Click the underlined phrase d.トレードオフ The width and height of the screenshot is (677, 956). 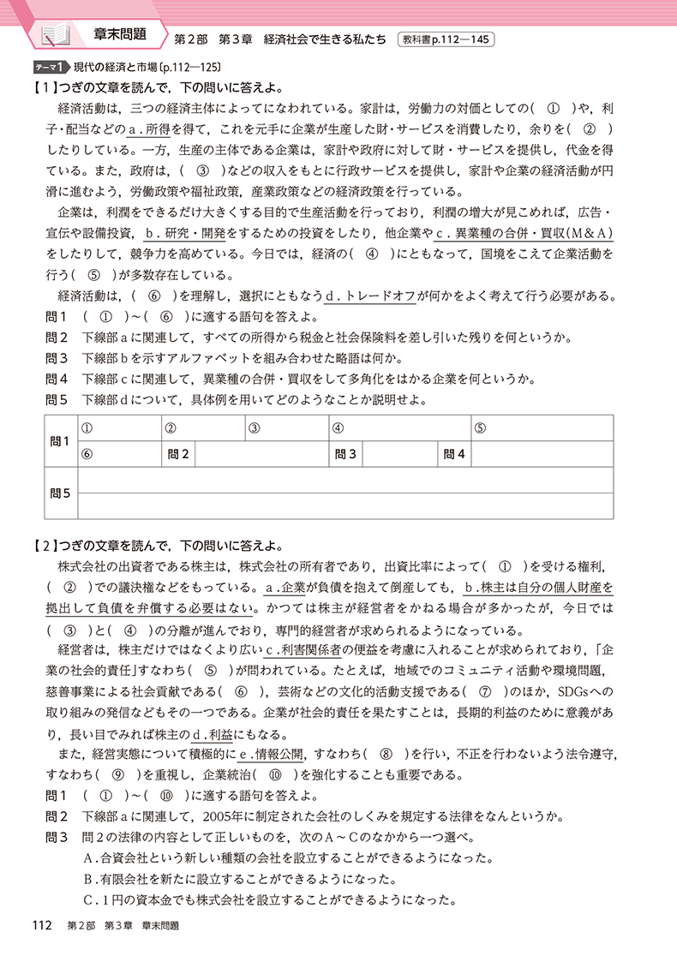(x=371, y=296)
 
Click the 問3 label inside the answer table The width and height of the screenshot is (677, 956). (x=345, y=454)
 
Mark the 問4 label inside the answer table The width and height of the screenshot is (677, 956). (x=454, y=454)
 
